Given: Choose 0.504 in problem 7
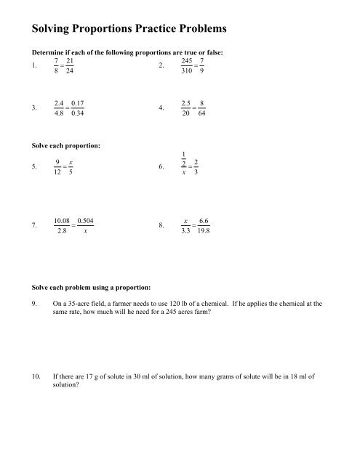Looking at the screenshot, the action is [84, 219].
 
